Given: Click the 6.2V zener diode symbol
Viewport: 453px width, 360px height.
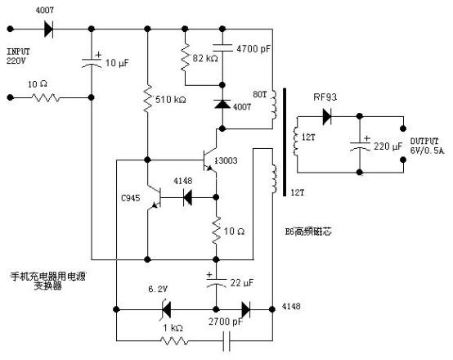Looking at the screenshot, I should (x=164, y=310).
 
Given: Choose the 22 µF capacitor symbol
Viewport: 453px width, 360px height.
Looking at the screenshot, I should (x=217, y=282).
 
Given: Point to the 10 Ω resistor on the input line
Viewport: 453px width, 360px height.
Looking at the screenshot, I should (x=44, y=97).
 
